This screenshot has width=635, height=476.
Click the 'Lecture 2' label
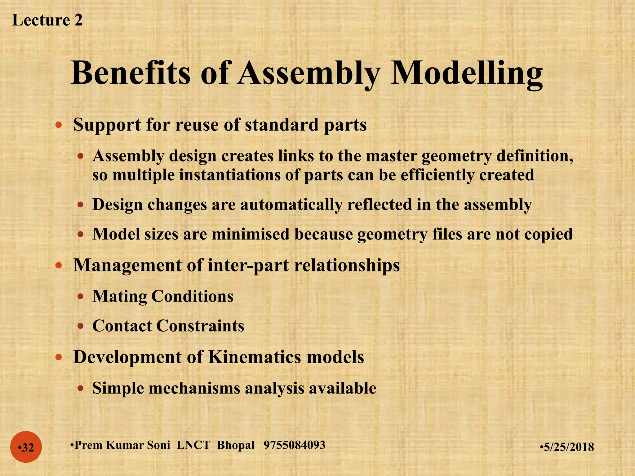coord(47,20)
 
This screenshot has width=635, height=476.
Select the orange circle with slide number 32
coord(26,447)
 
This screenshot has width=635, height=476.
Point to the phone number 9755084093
coord(294,445)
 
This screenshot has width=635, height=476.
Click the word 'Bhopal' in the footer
coord(236,445)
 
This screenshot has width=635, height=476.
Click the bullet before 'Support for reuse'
coord(58,126)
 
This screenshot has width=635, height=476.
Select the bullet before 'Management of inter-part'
coord(58,266)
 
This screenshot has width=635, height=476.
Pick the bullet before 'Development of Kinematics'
coord(58,357)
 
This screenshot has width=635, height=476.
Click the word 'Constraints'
coord(200,326)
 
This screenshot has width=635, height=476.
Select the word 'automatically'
coord(291,205)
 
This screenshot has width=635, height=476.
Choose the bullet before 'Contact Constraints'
coord(81,326)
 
